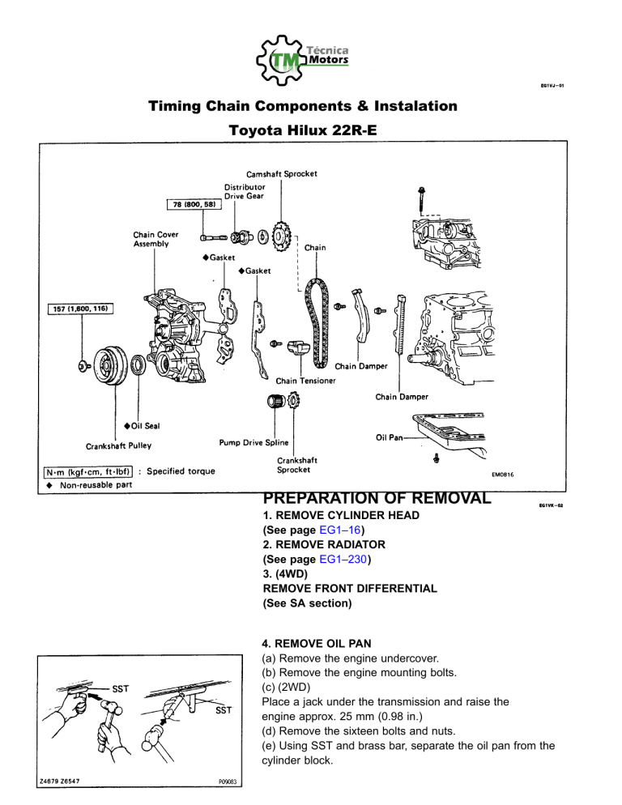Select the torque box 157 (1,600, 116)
tap(79, 309)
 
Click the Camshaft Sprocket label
tap(282, 173)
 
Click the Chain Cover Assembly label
tap(156, 239)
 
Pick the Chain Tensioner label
tap(306, 380)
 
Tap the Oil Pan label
tap(390, 437)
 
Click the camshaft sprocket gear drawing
tap(280, 236)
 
